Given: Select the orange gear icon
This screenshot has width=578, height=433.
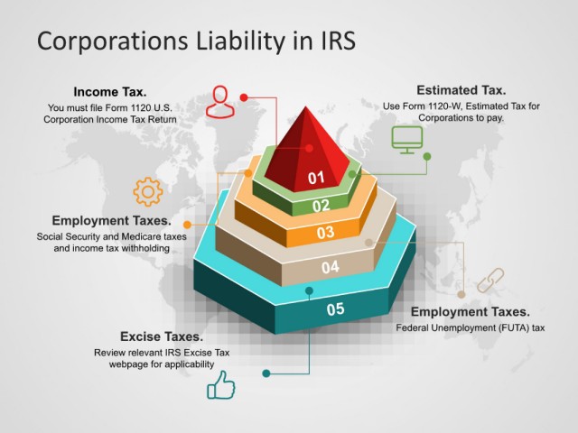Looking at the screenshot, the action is pyautogui.click(x=148, y=191).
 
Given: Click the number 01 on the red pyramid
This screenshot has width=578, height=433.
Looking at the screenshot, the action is pyautogui.click(x=316, y=178).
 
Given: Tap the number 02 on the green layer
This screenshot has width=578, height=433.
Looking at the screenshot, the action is pyautogui.click(x=321, y=206).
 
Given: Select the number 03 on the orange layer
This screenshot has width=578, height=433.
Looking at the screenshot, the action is pyautogui.click(x=325, y=233).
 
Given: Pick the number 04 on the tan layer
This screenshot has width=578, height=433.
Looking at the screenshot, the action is pyautogui.click(x=331, y=267).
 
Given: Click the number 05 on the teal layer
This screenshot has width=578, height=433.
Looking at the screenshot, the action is pyautogui.click(x=335, y=309).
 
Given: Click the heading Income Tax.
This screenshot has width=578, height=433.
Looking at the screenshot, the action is pyautogui.click(x=110, y=92).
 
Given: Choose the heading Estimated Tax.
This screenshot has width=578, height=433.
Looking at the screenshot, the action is pyautogui.click(x=461, y=90).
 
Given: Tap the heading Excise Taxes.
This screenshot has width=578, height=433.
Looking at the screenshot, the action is pyautogui.click(x=162, y=336).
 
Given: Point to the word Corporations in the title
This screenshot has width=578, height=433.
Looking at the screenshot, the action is pyautogui.click(x=113, y=41).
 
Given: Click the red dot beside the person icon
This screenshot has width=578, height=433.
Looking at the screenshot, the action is pyautogui.click(x=244, y=97).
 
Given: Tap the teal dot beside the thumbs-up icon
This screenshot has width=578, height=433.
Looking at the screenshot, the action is pyautogui.click(x=266, y=373).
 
